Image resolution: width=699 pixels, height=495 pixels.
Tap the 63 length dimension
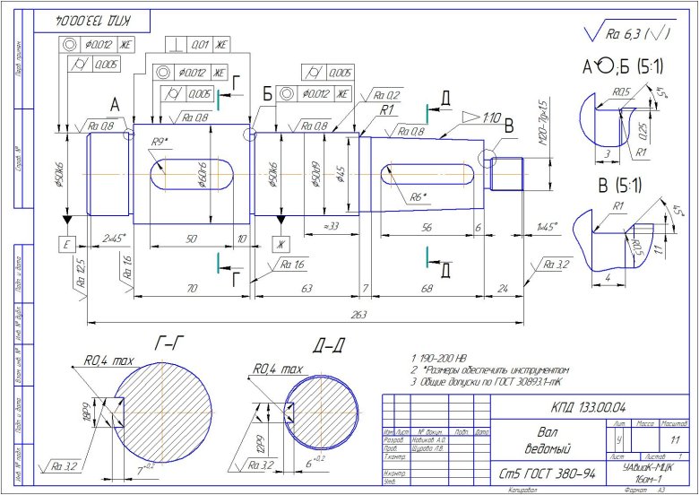pyautogui.click(x=306, y=289)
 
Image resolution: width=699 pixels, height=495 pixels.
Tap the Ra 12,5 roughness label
pyautogui.click(x=79, y=267)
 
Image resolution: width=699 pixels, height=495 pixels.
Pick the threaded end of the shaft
pyautogui.click(x=508, y=174)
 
